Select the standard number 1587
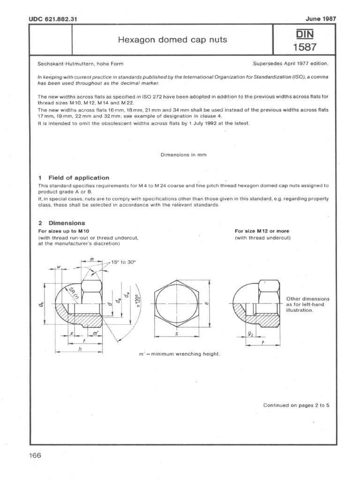click(x=305, y=47)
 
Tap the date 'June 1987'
click(x=321, y=19)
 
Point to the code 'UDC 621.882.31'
click(x=52, y=19)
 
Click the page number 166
click(x=36, y=456)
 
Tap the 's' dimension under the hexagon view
click(x=176, y=335)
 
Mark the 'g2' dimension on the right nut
click(x=251, y=335)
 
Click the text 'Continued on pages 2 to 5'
click(x=296, y=405)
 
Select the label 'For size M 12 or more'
click(x=262, y=231)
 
